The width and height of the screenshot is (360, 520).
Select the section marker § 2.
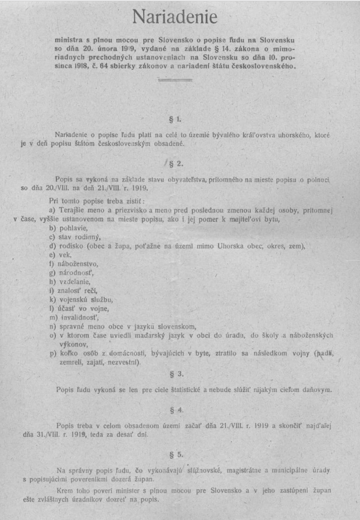pos(176,163)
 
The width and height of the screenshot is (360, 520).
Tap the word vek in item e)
pos(63,255)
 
